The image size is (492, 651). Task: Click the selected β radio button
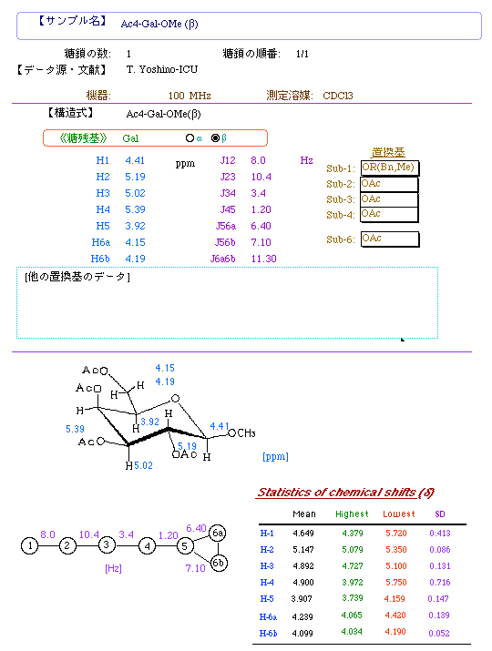tap(215, 137)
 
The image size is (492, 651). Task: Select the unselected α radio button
tap(190, 137)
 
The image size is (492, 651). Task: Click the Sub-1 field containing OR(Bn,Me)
tap(390, 168)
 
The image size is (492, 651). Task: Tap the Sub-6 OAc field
tap(390, 239)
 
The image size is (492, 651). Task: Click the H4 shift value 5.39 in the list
tap(135, 209)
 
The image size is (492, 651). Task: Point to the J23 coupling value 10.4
tap(261, 177)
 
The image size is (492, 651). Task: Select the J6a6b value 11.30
tap(263, 259)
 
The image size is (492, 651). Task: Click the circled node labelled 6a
tap(218, 533)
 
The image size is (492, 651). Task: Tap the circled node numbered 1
tap(29, 545)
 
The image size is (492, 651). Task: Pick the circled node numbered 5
tap(185, 545)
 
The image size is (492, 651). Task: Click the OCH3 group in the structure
tap(241, 433)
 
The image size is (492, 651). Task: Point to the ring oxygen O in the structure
tap(175, 399)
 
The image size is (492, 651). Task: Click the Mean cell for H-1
tap(303, 533)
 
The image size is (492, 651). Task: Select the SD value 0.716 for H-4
tap(440, 583)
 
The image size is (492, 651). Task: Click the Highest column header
tap(352, 514)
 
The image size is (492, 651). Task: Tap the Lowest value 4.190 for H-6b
tap(395, 632)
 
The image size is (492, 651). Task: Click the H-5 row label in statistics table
tap(267, 599)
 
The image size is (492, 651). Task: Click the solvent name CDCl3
tap(338, 96)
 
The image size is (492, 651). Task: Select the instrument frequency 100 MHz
tap(190, 96)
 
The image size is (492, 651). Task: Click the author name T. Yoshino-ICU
tap(162, 69)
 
